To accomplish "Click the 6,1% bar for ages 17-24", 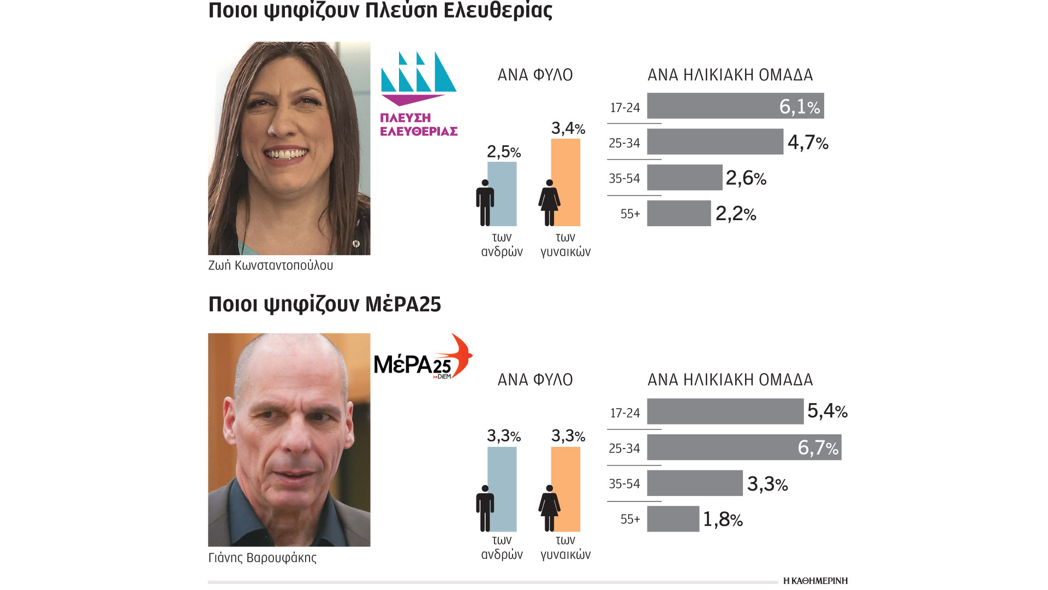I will (x=710, y=105).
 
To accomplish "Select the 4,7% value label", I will (x=808, y=143).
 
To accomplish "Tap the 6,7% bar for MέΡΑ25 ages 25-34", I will (x=720, y=447).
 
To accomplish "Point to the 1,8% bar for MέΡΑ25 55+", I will (x=673, y=519).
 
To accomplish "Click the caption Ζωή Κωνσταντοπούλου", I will (x=270, y=265).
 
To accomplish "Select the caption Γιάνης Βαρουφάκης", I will (x=262, y=558).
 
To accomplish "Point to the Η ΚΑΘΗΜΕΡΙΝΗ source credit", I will (x=815, y=581).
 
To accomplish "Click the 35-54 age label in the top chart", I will (x=624, y=178).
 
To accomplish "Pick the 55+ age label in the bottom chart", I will (x=630, y=519).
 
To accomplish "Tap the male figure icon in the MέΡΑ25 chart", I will (x=485, y=508).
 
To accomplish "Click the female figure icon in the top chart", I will (x=549, y=203).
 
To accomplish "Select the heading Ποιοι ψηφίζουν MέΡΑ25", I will (x=324, y=304).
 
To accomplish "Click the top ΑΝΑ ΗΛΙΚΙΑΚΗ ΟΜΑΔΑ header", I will (x=730, y=75).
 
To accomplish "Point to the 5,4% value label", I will (x=827, y=411).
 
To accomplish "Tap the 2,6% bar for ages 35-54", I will (x=684, y=178).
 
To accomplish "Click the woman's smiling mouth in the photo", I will (x=285, y=154).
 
